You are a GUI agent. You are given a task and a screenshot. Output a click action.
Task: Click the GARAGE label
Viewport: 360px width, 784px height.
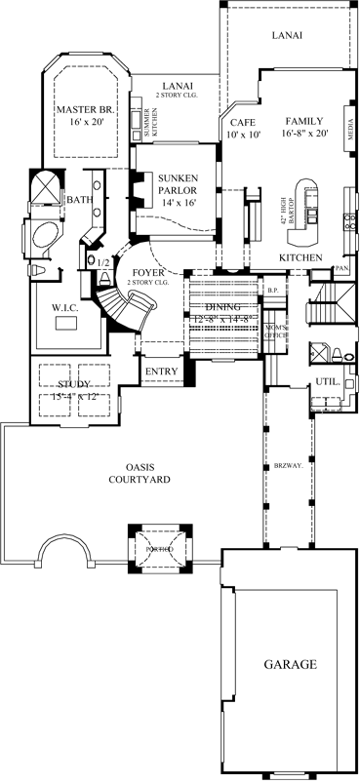click(x=289, y=664)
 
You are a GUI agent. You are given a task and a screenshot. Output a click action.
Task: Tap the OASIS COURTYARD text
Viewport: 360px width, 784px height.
click(x=136, y=473)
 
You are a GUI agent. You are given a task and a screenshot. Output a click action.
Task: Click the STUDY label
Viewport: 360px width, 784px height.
click(x=74, y=389)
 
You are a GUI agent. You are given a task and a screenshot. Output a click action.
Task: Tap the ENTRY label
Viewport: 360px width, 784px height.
click(x=160, y=372)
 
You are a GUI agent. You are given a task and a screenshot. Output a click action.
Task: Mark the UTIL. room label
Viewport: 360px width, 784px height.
click(x=327, y=381)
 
